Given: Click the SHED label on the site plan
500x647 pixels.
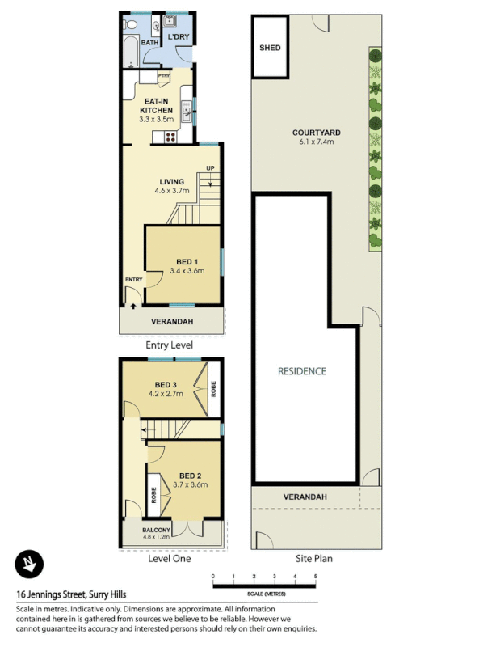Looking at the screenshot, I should pyautogui.click(x=270, y=48).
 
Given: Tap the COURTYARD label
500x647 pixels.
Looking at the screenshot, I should pyautogui.click(x=316, y=132).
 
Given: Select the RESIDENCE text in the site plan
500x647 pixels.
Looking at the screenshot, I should pyautogui.click(x=301, y=371).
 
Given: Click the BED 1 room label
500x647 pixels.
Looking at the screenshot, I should pyautogui.click(x=187, y=261).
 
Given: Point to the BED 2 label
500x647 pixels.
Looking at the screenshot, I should pyautogui.click(x=190, y=476).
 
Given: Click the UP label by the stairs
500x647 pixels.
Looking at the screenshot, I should pyautogui.click(x=211, y=168).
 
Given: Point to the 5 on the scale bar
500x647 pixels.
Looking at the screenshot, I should pyautogui.click(x=315, y=576).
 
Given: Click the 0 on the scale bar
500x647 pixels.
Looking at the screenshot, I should pyautogui.click(x=213, y=576).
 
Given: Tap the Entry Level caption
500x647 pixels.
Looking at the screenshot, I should pyautogui.click(x=169, y=345).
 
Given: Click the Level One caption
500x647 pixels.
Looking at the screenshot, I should pyautogui.click(x=169, y=558).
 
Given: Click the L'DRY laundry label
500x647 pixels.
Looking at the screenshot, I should pyautogui.click(x=177, y=38).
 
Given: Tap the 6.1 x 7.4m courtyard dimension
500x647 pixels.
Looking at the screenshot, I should pyautogui.click(x=316, y=142).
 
